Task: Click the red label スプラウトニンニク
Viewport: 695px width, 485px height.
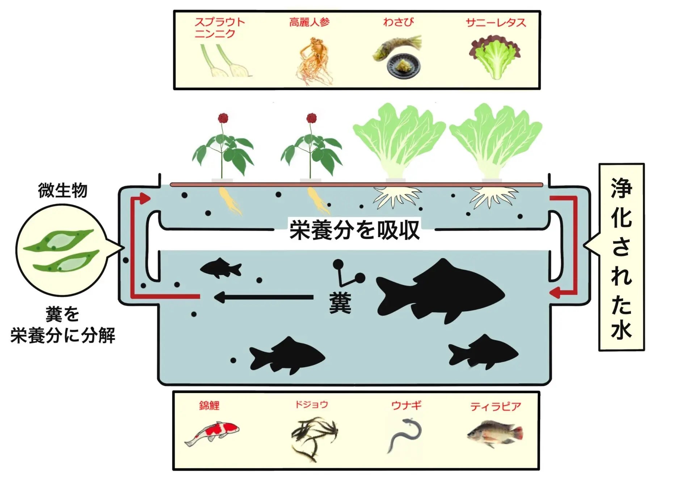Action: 219,27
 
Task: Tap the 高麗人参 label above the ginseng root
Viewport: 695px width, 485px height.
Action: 309,22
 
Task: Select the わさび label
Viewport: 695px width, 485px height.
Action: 398,22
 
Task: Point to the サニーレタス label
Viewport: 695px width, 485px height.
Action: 496,22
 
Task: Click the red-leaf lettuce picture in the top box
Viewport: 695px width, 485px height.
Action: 494,57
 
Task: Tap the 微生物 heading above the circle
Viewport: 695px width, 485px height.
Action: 63,190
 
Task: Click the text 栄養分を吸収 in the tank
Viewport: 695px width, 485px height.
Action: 354,230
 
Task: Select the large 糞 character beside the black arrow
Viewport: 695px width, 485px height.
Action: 340,303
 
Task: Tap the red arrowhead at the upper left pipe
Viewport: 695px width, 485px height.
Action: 145,198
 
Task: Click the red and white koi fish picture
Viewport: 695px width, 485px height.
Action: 212,433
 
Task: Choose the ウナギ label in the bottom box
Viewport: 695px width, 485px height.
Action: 407,405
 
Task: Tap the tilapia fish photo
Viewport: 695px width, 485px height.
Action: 495,434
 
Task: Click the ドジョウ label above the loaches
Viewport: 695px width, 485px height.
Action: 311,404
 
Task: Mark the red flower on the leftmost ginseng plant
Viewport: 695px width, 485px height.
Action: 223,118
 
